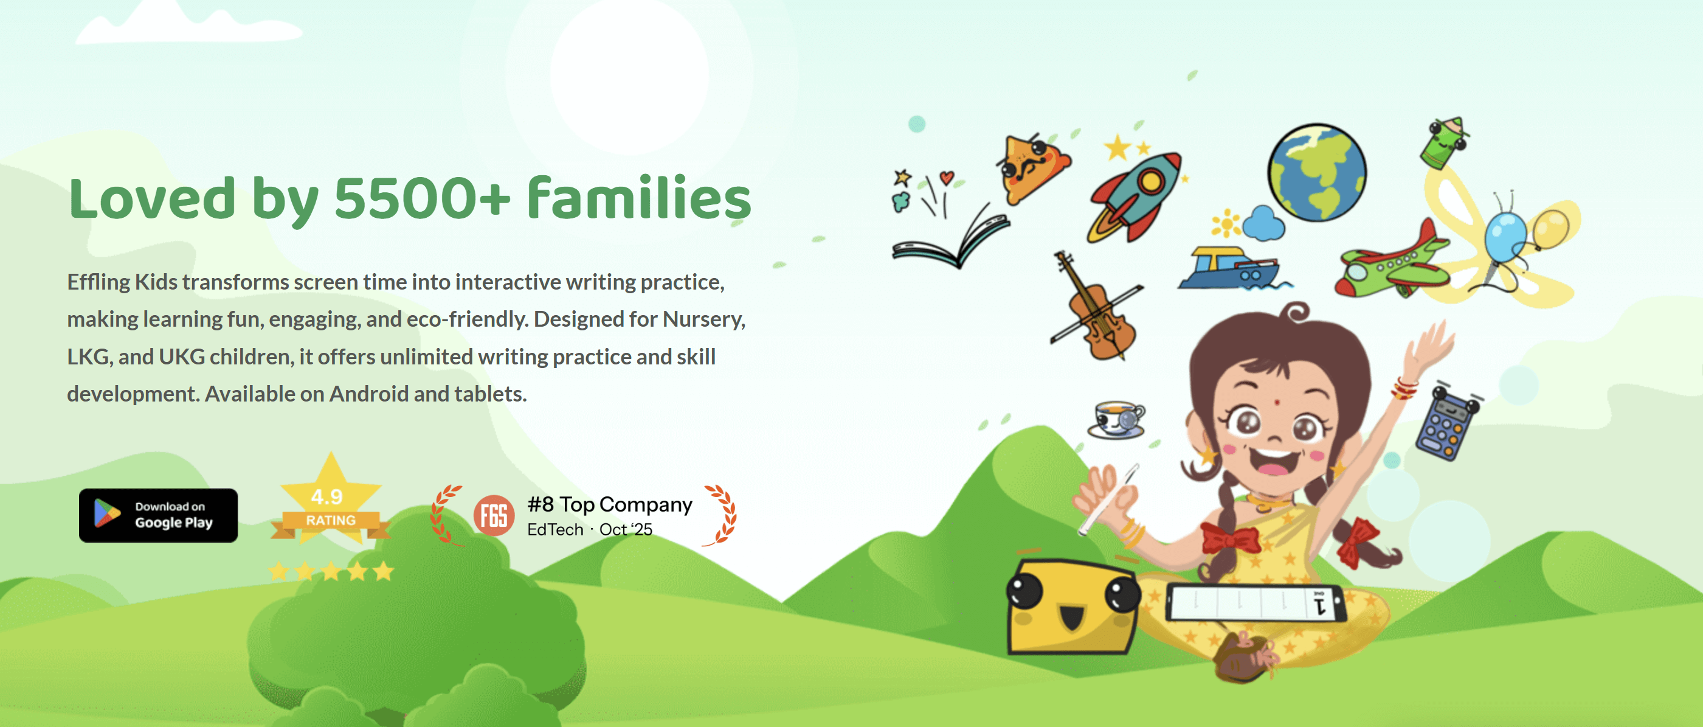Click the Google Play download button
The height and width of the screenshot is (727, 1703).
click(158, 515)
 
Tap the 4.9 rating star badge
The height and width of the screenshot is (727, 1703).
click(331, 503)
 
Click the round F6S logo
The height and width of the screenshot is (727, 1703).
click(494, 515)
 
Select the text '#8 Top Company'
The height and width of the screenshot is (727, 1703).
click(610, 505)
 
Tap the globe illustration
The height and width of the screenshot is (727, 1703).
click(1317, 173)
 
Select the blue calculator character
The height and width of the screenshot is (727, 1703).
click(1446, 423)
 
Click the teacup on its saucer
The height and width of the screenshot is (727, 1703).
click(1117, 419)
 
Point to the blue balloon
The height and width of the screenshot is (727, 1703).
click(1505, 236)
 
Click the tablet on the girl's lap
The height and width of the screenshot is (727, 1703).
click(1255, 604)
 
